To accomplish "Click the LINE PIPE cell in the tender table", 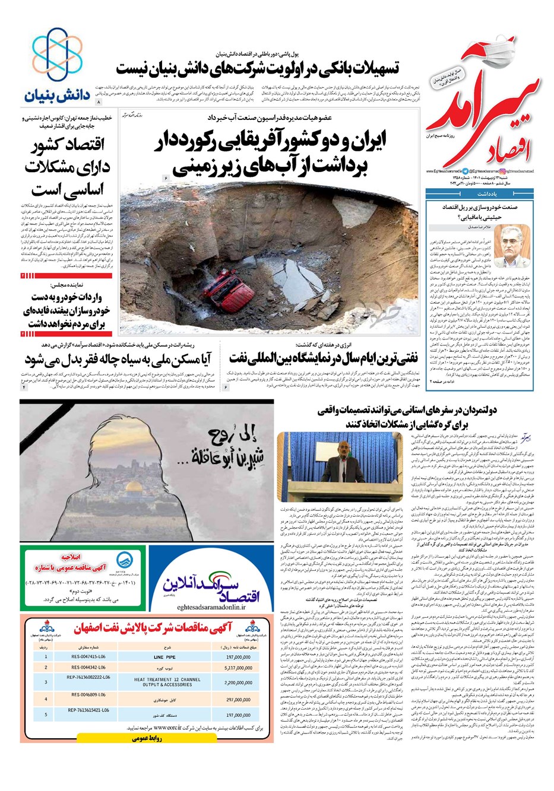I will coord(164,657).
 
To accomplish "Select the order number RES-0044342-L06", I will coord(88,668).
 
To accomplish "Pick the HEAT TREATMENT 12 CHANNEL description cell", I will coord(167,682).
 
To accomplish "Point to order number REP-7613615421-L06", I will coord(88,710).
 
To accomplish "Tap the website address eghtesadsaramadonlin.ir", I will coord(210,601).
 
